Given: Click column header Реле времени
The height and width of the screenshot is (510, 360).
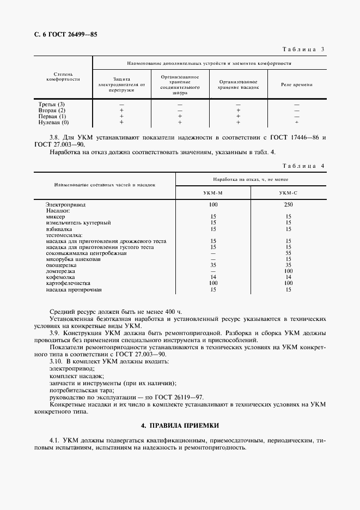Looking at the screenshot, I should [296, 85].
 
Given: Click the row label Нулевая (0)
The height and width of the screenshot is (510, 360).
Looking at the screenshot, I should [54, 123].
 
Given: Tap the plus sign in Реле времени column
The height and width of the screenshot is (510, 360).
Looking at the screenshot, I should [296, 123].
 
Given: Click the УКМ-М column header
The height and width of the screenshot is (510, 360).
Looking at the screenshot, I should [213, 193].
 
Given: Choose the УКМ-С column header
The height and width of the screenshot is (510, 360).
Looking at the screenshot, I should [288, 193].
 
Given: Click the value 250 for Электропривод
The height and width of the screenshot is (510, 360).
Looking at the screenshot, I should [288, 204].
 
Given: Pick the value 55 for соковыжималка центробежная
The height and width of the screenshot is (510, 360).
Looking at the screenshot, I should [288, 253].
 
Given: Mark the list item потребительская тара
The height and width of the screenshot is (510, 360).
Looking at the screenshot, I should [82, 391].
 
